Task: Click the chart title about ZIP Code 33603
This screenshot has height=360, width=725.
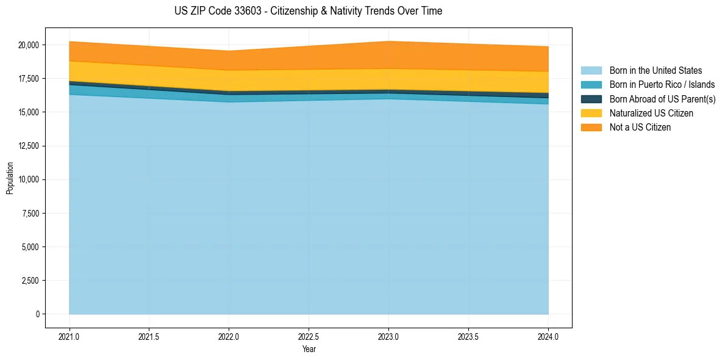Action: pyautogui.click(x=308, y=11)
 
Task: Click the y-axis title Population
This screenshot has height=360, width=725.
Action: pyautogui.click(x=10, y=178)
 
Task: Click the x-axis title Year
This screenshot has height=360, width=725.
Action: pyautogui.click(x=309, y=349)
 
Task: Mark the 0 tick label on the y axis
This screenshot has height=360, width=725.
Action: pyautogui.click(x=37, y=314)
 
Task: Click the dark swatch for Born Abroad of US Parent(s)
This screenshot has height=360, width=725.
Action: pyautogui.click(x=591, y=99)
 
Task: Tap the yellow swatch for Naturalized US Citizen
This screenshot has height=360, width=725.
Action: pyautogui.click(x=591, y=113)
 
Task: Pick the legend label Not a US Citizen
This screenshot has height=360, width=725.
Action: pyautogui.click(x=640, y=128)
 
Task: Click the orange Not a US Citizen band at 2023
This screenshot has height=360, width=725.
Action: pyautogui.click(x=388, y=55)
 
